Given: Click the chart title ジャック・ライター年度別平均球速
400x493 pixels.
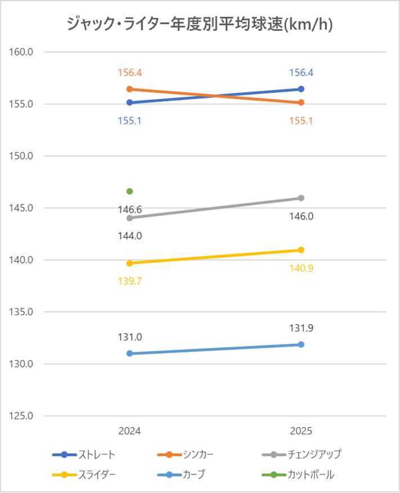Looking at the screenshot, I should pos(199,24).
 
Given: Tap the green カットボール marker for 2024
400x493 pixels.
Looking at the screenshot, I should pos(129,191).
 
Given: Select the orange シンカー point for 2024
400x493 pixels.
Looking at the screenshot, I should pos(129,89).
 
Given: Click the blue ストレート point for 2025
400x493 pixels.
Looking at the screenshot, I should pos(301,89).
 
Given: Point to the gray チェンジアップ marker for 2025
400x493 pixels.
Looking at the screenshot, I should pos(301,198).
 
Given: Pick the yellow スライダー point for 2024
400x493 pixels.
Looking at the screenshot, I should pos(129,263).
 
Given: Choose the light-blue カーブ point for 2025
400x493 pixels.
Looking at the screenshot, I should pos(301,344).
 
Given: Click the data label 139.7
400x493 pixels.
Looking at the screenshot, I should pos(129,281).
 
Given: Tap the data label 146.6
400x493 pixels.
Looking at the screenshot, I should pos(129,209).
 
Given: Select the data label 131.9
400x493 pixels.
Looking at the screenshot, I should pos(301,327).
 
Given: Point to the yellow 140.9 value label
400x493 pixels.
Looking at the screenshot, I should pos(301,268).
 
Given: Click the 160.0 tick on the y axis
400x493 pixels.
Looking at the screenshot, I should pos(23,52).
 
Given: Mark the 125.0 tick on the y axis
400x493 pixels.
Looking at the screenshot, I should pos(23,416).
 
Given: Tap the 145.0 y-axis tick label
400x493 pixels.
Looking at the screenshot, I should pos(23,208).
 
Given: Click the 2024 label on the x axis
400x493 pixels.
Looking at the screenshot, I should pos(129,431).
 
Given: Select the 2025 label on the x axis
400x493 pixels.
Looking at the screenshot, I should pos(301,431).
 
